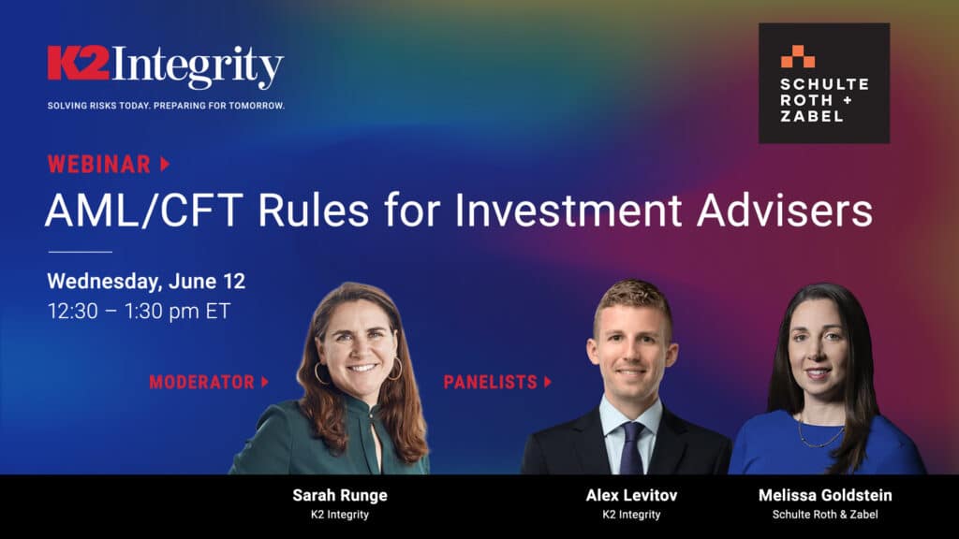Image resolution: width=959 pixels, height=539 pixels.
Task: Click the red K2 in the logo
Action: pos(79,63)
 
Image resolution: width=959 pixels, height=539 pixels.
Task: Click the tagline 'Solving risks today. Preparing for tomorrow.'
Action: pos(167,106)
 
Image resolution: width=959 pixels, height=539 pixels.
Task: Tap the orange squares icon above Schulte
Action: pos(798,56)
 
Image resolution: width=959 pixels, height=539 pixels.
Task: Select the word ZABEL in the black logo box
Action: pos(811,115)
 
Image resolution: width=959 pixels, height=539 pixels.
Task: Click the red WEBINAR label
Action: pos(99,165)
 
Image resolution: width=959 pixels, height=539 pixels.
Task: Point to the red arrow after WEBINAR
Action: pos(165,164)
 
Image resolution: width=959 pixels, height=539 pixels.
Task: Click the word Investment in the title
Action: pos(568,211)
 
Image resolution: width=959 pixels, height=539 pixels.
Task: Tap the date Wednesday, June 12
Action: pos(146,281)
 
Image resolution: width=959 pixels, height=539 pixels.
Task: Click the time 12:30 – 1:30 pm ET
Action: pos(140,311)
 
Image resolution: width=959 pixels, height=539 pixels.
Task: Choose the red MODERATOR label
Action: pos(202,382)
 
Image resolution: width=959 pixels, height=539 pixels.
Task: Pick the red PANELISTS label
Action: pos(491,382)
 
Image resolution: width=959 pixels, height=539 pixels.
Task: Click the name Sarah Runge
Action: pos(340,495)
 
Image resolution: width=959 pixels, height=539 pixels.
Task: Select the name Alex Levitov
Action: pos(631,495)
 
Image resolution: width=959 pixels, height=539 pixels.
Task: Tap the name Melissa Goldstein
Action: pos(825,495)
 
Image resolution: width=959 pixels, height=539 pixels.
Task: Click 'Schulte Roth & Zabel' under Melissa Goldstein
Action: pos(825,515)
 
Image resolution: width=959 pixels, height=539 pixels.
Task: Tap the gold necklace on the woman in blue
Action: pos(820,438)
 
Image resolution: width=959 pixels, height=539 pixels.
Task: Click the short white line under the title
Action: pos(81,251)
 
